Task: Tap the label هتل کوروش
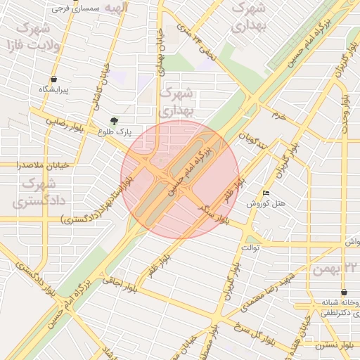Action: (x=266, y=203)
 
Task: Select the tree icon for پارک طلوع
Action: (x=114, y=120)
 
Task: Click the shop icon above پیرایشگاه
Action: (x=54, y=79)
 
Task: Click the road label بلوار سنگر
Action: (x=214, y=213)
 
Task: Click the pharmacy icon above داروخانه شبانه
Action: (x=343, y=292)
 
